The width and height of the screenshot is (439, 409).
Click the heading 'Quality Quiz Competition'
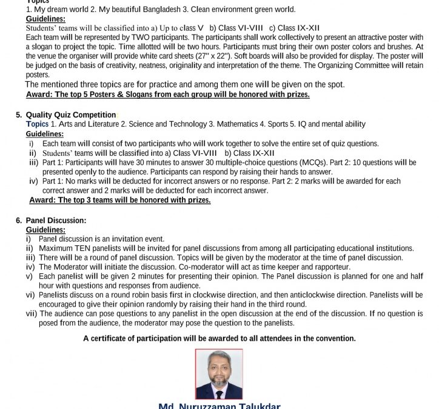[x=71, y=115]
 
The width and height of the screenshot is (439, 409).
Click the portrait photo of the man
[x=219, y=374]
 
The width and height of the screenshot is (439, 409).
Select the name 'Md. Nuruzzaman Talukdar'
[x=219, y=405]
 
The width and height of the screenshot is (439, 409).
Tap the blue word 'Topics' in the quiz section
[x=37, y=124]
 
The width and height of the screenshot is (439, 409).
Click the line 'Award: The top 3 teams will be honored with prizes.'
[x=120, y=200]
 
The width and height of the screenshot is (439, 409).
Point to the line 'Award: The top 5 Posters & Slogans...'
[x=168, y=95]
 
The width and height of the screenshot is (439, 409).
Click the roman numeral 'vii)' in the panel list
[x=32, y=313]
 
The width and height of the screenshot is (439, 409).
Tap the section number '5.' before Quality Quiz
[x=19, y=115]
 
